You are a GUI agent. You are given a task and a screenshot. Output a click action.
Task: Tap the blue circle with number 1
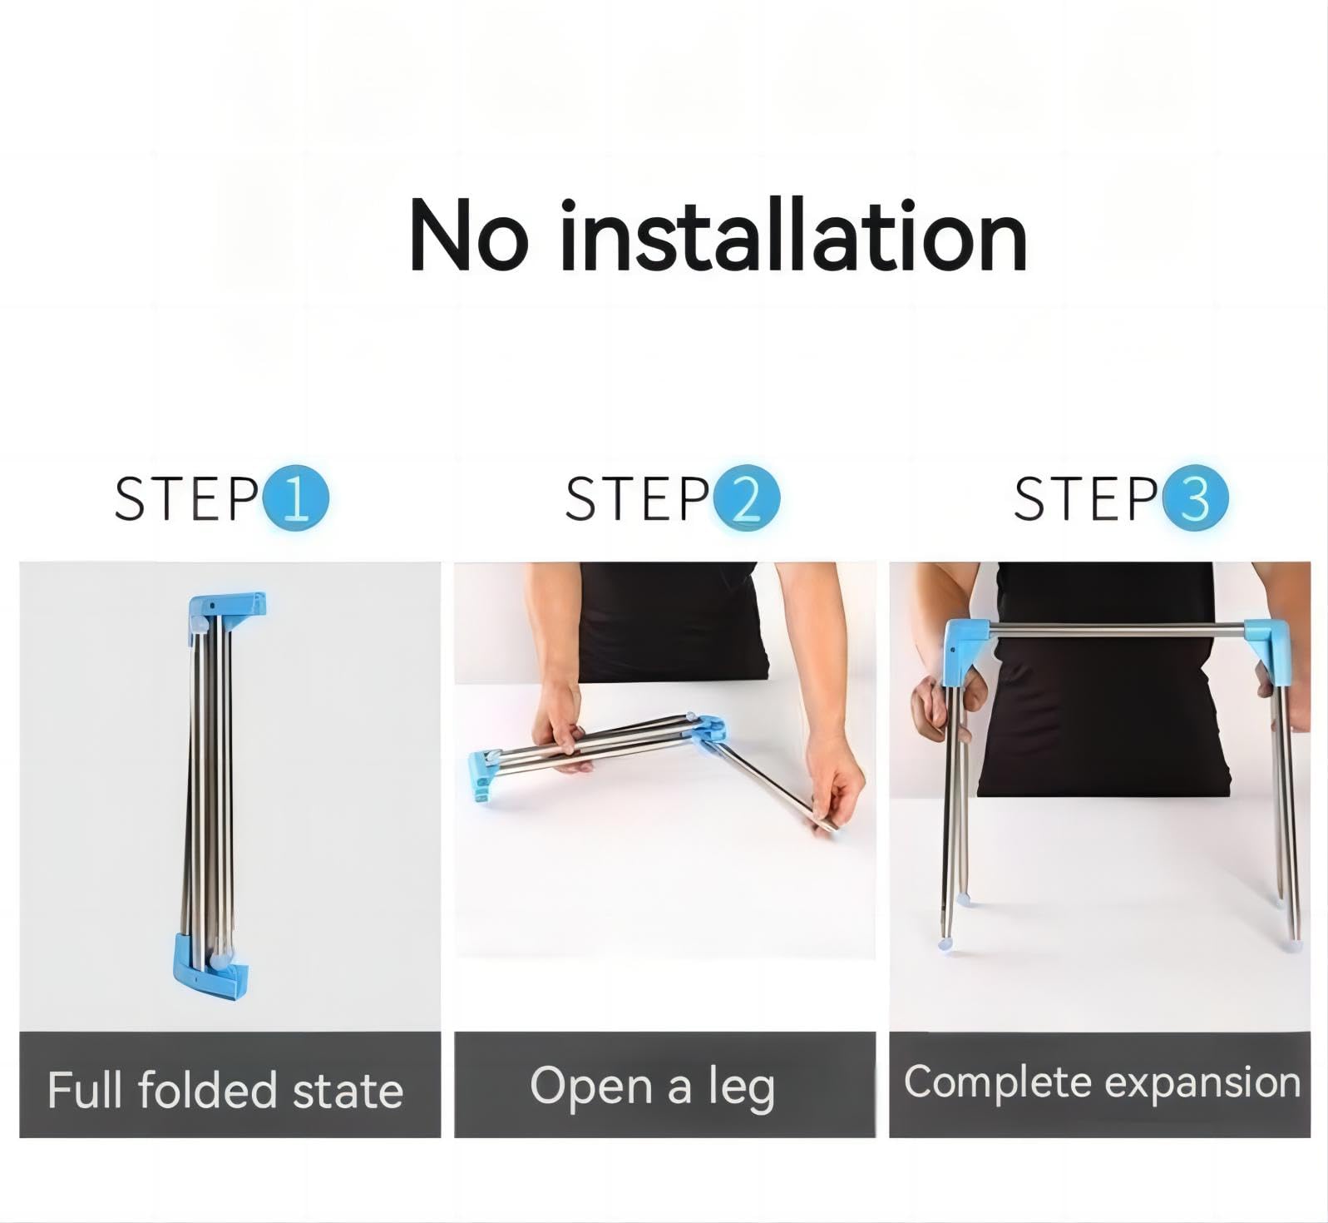tap(296, 498)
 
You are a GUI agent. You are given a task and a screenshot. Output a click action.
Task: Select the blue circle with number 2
tap(746, 498)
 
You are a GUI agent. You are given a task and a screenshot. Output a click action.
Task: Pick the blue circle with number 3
tap(1195, 498)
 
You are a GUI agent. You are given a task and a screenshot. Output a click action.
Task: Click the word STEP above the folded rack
tap(186, 498)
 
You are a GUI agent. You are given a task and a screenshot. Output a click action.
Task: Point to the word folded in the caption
tap(207, 1090)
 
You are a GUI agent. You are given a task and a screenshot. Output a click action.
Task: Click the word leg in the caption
tap(742, 1088)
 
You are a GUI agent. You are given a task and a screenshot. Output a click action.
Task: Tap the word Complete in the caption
tap(998, 1082)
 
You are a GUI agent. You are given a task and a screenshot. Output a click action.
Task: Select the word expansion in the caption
tap(1202, 1083)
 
